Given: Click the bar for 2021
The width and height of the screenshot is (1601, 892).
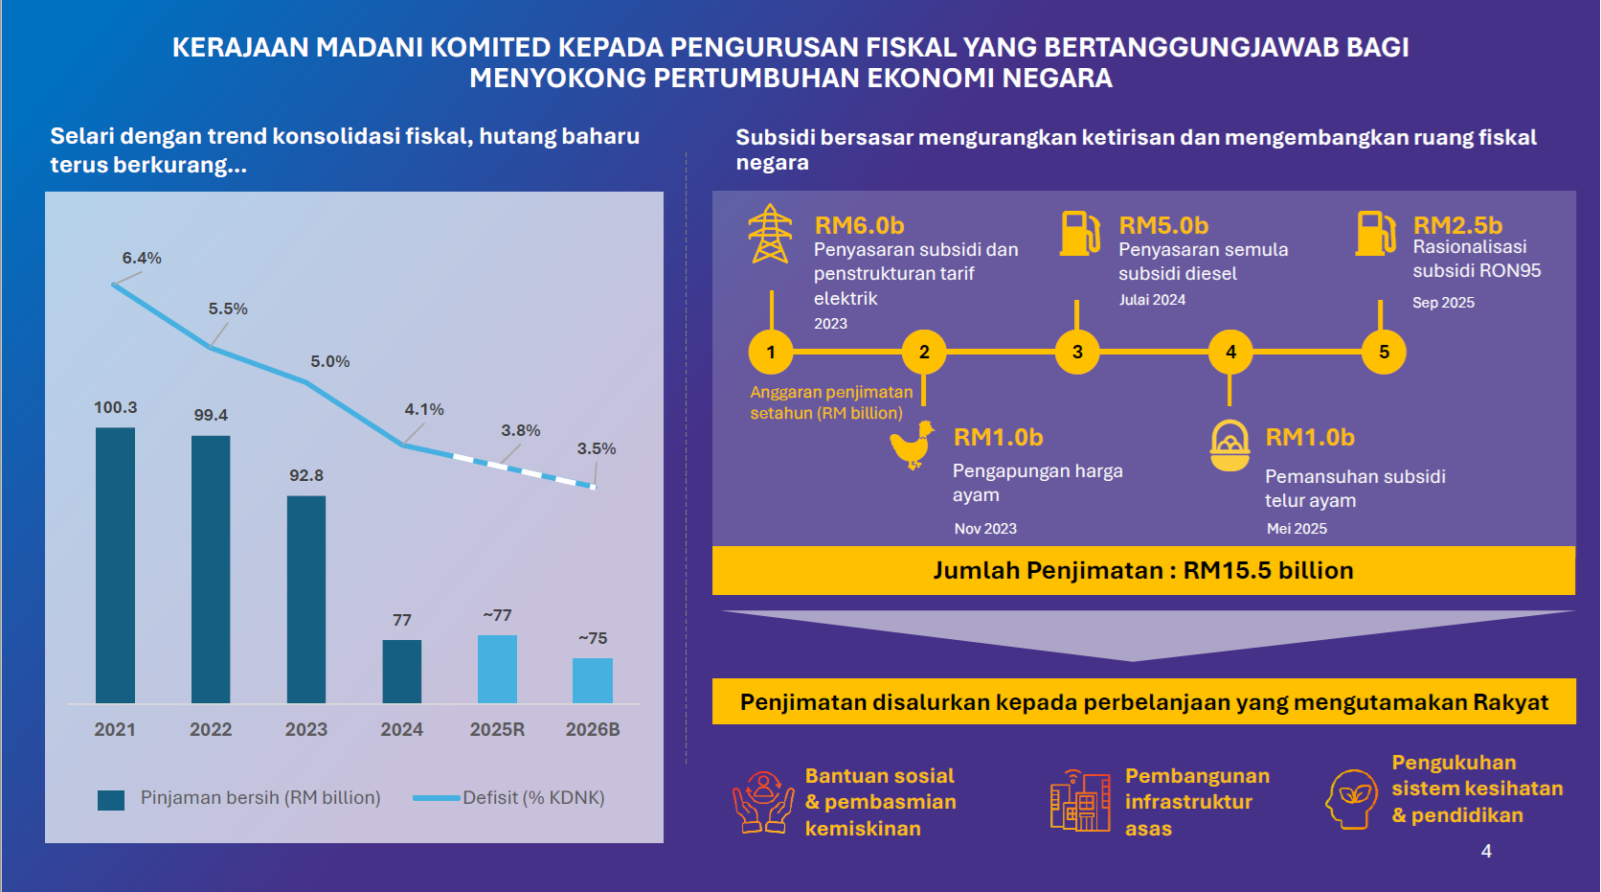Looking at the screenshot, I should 115,565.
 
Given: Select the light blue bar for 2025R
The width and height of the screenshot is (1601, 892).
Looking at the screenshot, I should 497,669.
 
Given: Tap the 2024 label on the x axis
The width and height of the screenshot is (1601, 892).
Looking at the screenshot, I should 401,729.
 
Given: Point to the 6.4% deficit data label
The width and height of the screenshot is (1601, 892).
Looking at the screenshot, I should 142,258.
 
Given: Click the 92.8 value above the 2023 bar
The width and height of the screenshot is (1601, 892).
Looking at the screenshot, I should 306,475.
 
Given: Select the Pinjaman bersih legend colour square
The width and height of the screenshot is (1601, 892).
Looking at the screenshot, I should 111,799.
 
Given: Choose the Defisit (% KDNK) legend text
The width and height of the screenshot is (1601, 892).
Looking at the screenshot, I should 533,798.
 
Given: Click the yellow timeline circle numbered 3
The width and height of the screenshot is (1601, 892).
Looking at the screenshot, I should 1077,352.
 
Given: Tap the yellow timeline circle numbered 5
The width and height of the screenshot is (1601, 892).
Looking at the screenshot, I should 1384,352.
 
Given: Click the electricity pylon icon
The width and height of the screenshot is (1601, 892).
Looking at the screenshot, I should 770,233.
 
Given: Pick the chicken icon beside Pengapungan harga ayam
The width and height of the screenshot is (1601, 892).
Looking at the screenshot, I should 912,445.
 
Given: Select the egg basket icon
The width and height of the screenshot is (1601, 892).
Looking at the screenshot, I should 1229,446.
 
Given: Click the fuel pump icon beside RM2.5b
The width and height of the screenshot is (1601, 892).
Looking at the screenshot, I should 1375,233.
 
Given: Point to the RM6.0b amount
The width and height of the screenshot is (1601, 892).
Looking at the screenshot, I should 859,225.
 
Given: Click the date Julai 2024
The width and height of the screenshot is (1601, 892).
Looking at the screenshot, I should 1152,300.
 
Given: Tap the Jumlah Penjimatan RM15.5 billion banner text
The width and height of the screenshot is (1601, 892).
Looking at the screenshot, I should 1143,570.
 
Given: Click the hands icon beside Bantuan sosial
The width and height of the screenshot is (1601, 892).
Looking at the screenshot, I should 763,801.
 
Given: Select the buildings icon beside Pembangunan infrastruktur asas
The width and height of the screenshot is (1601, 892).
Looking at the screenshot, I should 1080,801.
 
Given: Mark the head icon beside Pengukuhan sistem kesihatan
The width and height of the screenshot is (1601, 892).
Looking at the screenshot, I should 1351,798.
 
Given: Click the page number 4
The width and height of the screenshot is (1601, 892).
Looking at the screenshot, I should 1486,851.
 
